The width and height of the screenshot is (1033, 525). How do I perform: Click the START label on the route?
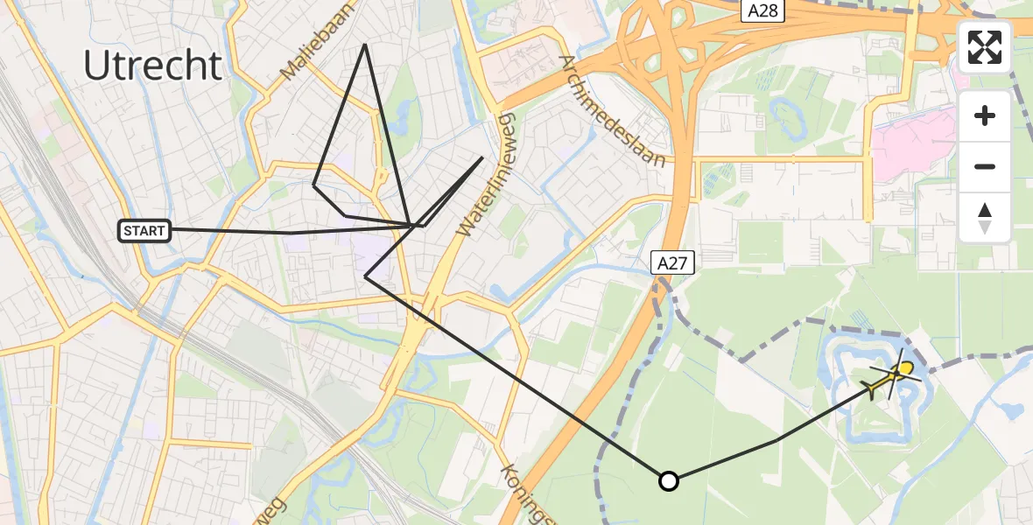pos(144,231)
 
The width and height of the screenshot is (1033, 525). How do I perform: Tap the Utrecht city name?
pos(153,66)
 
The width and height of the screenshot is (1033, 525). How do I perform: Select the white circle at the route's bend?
pos(669,480)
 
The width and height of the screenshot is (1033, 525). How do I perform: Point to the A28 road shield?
pos(765,10)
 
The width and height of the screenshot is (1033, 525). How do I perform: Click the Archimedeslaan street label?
pos(614,111)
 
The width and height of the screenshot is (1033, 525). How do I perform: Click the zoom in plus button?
pos(985,115)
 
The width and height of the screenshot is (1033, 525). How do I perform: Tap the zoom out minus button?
pos(985,166)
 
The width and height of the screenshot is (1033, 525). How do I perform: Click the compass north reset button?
pos(985,217)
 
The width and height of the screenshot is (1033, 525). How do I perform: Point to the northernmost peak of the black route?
pos(365,44)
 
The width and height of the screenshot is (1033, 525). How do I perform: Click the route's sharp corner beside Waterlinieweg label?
pos(482,157)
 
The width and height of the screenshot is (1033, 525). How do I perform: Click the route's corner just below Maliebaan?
pos(313,185)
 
